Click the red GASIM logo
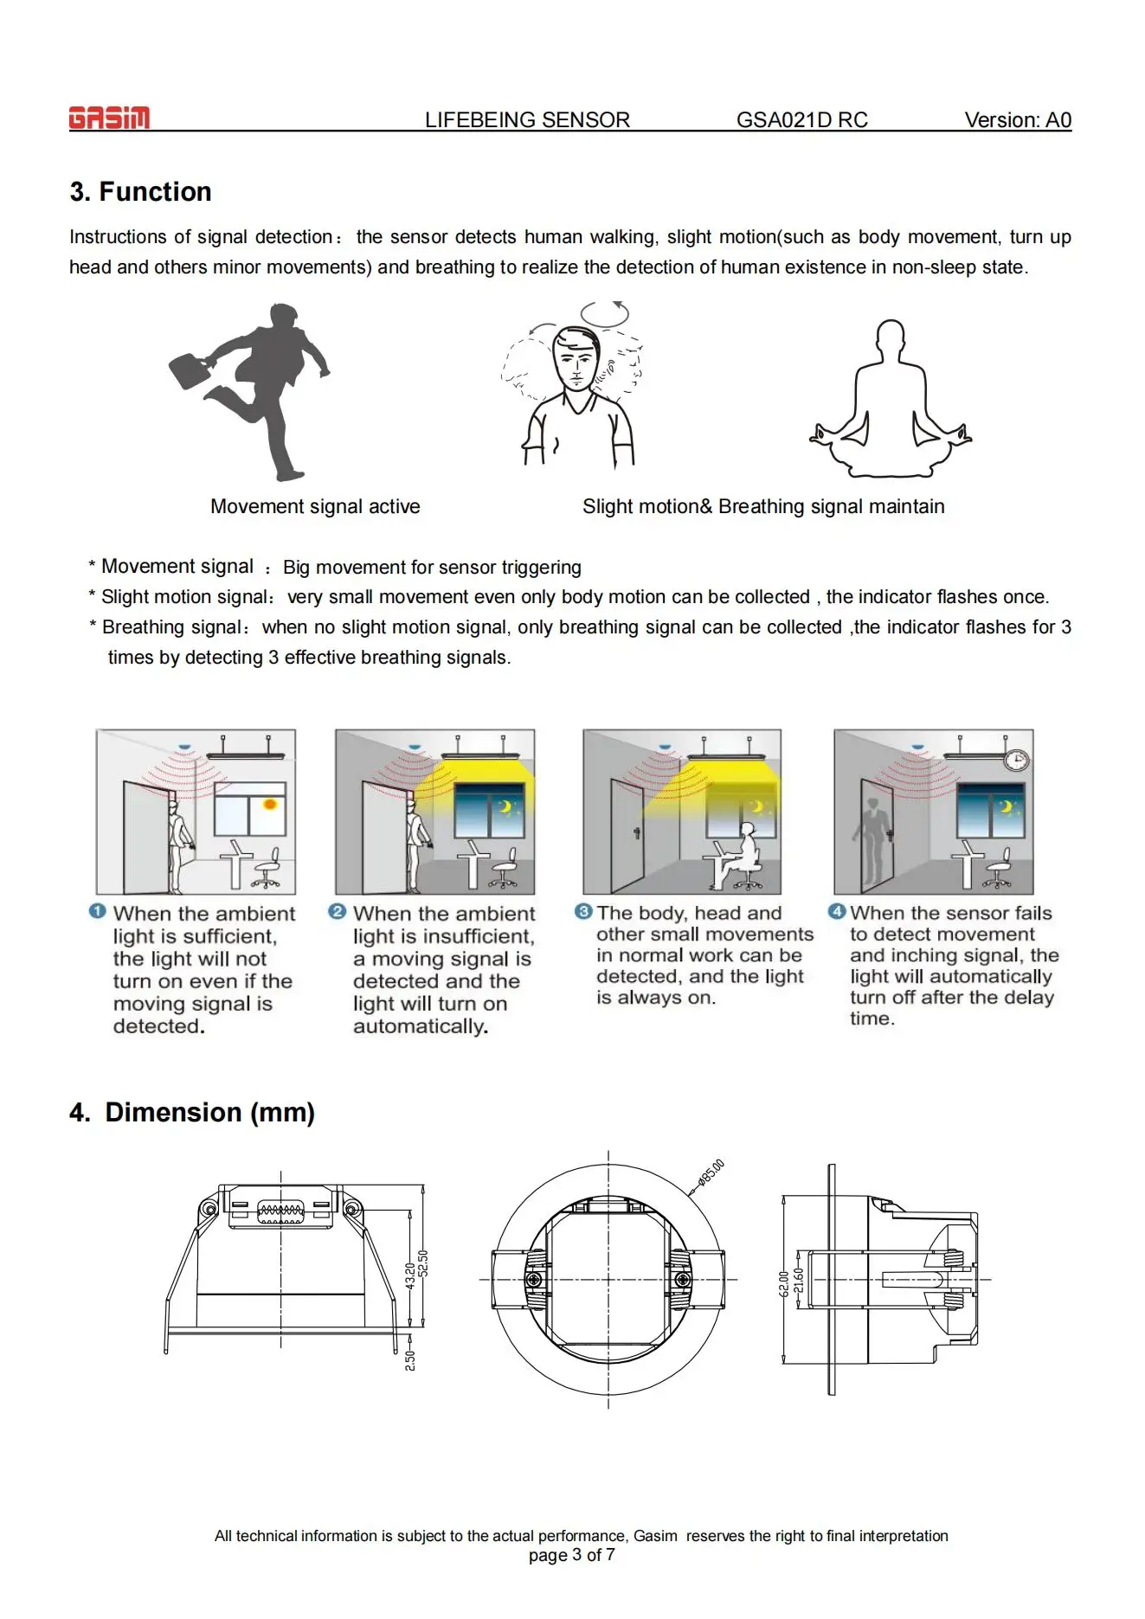point(109,118)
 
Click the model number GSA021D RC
point(801,120)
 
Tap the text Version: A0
point(1017,120)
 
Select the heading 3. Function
point(140,191)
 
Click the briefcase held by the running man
point(190,369)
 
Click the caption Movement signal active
point(315,506)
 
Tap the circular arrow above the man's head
point(605,313)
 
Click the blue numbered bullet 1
point(98,911)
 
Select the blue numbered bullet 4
point(836,911)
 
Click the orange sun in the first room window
point(270,805)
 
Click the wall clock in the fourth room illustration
point(1016,760)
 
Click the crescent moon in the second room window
point(504,807)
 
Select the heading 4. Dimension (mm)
point(192,1112)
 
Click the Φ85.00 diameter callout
point(711,1172)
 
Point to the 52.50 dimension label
point(423,1262)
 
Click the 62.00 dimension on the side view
point(783,1283)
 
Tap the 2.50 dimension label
point(410,1359)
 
